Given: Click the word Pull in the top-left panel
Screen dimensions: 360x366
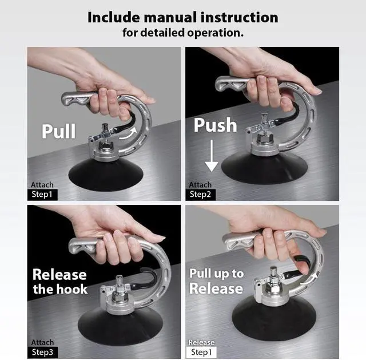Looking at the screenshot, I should (x=58, y=130).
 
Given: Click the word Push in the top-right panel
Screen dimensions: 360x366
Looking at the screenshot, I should (x=215, y=125).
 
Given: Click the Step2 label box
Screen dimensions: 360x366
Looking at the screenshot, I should (x=201, y=194).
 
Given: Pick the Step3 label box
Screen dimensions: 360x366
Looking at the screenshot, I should (x=43, y=351).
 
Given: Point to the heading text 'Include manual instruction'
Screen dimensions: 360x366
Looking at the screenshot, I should (x=182, y=17).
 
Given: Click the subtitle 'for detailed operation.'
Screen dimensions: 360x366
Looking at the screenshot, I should (x=182, y=33).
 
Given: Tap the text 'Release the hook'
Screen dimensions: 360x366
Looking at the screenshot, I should (x=59, y=281).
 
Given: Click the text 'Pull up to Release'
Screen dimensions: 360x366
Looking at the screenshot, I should (x=216, y=281).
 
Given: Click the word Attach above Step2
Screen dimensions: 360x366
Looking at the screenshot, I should (x=200, y=185).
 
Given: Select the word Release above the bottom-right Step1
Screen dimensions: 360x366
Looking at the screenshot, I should (x=202, y=342).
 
